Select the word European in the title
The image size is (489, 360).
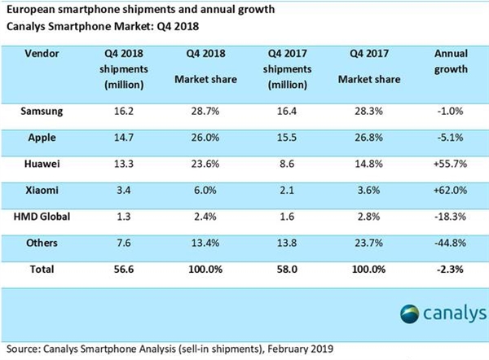[x=31, y=11]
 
